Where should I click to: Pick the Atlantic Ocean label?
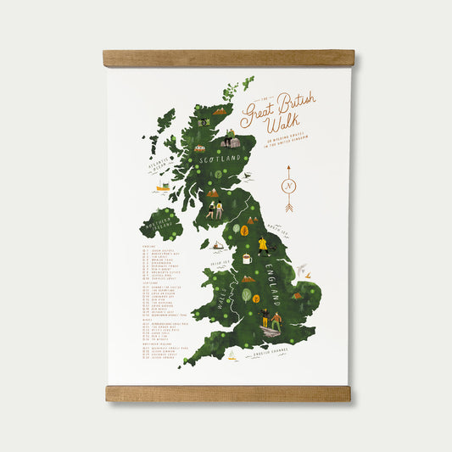pyautogui.click(x=159, y=163)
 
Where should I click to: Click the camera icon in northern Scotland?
pyautogui.click(x=203, y=123)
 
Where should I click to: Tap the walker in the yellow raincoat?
pyautogui.click(x=262, y=247)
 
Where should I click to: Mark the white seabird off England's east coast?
pyautogui.click(x=299, y=270)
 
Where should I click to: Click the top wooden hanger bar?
pyautogui.click(x=228, y=59)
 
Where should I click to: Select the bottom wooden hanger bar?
pyautogui.click(x=228, y=393)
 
